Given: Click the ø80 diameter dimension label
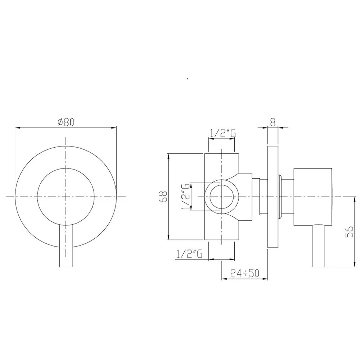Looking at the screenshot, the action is [x=66, y=122].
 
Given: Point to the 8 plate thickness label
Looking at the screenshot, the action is [x=273, y=122].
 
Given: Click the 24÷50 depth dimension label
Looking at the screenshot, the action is [x=245, y=273].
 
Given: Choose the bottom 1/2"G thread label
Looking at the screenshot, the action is [x=189, y=254].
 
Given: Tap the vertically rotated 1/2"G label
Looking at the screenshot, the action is [x=185, y=197].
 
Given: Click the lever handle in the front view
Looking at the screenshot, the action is [x=66, y=246].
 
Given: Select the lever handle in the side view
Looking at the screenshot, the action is [x=319, y=246].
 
